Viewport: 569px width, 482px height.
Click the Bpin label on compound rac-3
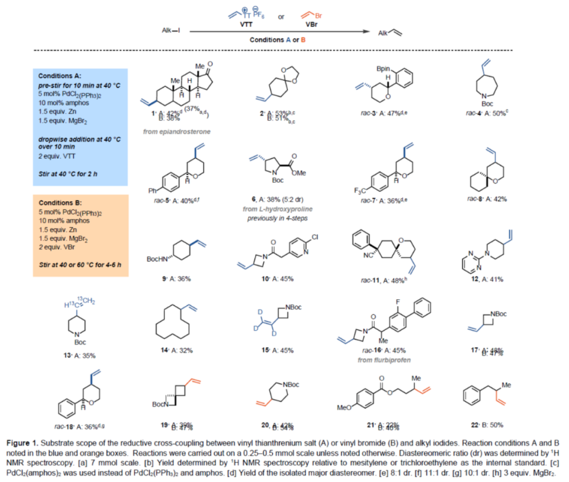[384, 69]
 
